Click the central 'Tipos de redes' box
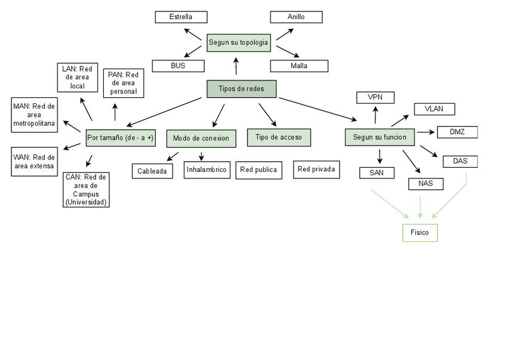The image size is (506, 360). tap(242, 89)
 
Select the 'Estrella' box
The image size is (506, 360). tap(181, 17)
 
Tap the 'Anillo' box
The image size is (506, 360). tap(296, 17)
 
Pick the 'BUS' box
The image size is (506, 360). tap(178, 66)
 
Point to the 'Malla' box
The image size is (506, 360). tap(299, 66)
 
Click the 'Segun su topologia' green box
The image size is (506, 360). tap(239, 42)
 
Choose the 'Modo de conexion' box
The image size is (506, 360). tap(201, 139)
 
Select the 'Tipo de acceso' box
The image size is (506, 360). tap(279, 137)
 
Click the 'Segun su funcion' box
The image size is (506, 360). tap(380, 137)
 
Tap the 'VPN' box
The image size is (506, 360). tap(375, 97)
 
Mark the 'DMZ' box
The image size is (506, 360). tap(457, 132)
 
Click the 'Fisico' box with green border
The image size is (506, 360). tap(420, 232)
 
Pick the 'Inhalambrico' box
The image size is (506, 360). tap(207, 170)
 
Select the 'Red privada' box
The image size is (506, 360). tap(316, 170)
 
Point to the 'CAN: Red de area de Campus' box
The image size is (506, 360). tap(86, 189)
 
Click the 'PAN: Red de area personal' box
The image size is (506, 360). tap(124, 83)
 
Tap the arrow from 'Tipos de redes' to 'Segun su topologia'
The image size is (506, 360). tap(236, 66)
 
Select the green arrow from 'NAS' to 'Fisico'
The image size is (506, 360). tap(420, 207)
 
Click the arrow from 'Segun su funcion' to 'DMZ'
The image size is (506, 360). tap(426, 132)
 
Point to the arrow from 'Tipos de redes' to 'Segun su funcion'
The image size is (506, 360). tap(318, 109)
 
